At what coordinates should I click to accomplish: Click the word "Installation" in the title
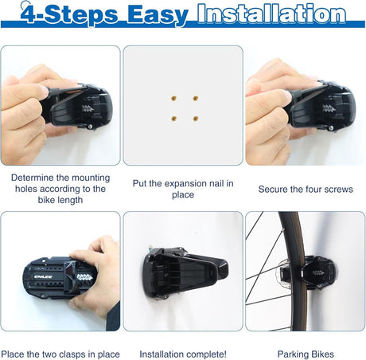point(271,14)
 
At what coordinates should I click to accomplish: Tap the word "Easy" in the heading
point(158,16)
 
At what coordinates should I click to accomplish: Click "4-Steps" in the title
point(69,14)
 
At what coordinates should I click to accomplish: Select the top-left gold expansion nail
point(173,99)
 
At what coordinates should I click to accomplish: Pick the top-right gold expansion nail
point(196,98)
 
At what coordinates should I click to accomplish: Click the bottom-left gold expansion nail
point(174,119)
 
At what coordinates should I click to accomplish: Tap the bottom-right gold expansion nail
point(196,119)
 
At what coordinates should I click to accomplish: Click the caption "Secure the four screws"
point(306,190)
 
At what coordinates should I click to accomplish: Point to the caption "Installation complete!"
point(183,354)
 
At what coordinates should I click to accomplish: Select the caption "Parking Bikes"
point(306,354)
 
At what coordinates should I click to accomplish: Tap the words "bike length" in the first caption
point(60,200)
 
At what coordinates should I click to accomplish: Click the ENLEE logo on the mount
point(43,277)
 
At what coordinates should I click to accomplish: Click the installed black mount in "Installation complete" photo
point(185,272)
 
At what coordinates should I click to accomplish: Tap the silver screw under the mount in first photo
point(90,127)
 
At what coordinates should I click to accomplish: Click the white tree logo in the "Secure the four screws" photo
point(329,108)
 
